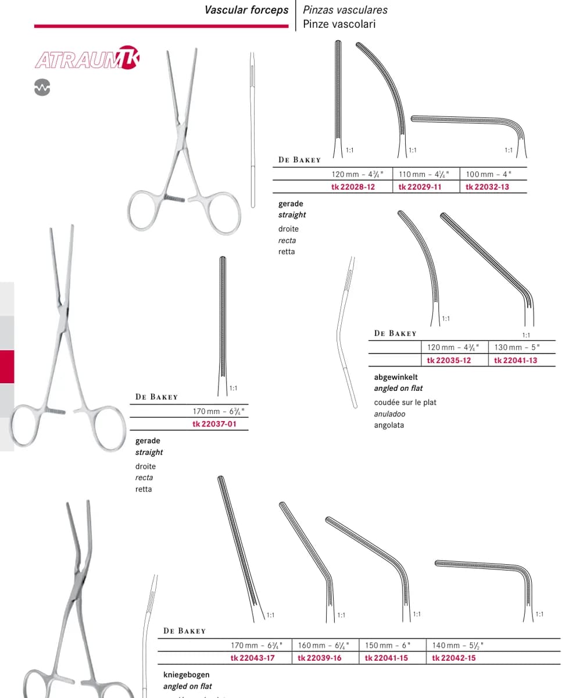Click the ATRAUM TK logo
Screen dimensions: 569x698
[87, 58]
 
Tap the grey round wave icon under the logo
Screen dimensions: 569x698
[42, 88]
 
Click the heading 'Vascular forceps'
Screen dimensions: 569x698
[246, 10]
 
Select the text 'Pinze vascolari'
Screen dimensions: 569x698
[339, 24]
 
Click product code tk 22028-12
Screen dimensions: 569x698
[353, 187]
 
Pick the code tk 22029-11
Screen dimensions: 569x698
[420, 187]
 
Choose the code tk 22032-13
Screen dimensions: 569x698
[487, 187]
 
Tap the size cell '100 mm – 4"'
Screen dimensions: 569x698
[488, 174]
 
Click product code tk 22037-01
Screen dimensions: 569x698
[214, 424]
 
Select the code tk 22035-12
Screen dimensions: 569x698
[449, 361]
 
